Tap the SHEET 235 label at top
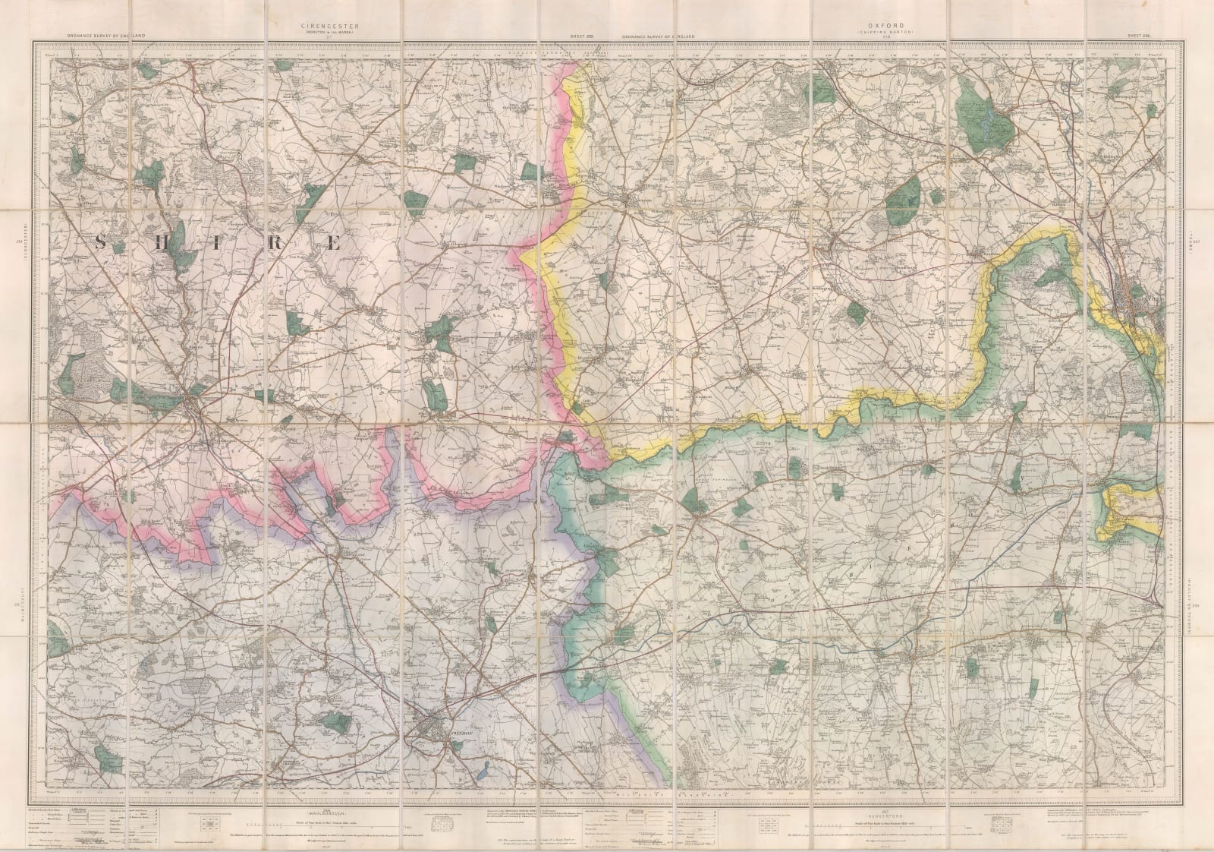[x=580, y=36]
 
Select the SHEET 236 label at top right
[x=1140, y=36]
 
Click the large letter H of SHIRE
[x=162, y=242]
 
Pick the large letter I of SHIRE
[x=220, y=242]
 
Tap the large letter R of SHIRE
[x=277, y=242]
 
